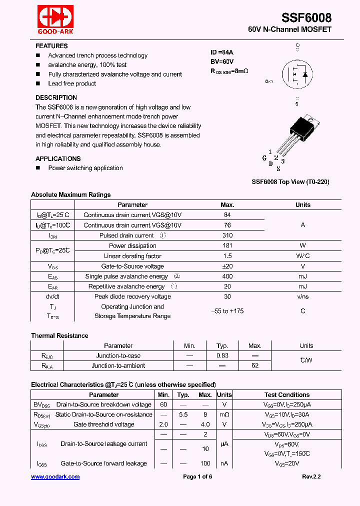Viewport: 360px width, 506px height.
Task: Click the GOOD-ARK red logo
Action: pos(55,19)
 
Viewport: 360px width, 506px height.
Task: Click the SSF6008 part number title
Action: pos(306,17)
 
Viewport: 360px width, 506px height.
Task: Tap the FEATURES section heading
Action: pos(51,46)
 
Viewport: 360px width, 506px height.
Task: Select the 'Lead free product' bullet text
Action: pos(72,83)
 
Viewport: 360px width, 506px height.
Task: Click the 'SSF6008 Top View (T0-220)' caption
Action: pos(290,182)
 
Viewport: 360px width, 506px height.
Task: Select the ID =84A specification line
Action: pos(222,52)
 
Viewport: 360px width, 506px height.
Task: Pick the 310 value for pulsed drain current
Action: pos(227,235)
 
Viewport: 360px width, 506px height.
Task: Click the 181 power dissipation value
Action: pos(227,245)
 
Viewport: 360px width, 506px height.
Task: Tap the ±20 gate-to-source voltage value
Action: pos(227,266)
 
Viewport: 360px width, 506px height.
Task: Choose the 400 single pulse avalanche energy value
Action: pos(227,276)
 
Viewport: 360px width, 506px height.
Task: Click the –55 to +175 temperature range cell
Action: pos(227,311)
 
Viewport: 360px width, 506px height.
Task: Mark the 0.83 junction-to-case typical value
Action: pos(222,356)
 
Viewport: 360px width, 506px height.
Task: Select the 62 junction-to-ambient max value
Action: pos(255,365)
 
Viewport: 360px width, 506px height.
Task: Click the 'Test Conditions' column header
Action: pos(287,395)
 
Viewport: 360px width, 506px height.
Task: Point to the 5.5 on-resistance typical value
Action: pos(183,414)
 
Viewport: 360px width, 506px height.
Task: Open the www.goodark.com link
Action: pos(55,477)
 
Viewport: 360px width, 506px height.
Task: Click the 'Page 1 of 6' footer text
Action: pos(197,477)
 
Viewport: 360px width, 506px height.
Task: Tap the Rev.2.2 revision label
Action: pos(311,477)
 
